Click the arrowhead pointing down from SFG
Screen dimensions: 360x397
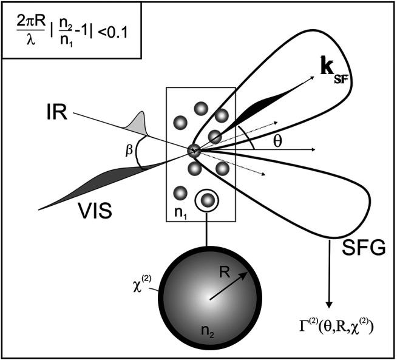329,303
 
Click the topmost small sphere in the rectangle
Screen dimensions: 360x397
200,108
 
